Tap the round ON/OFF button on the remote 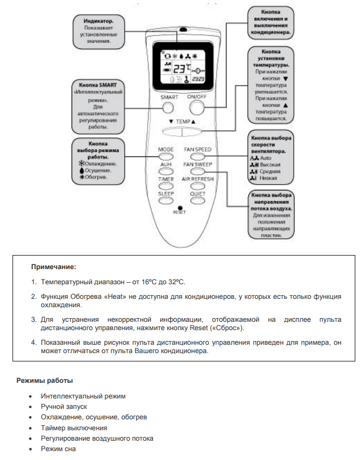click(197, 107)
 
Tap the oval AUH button click(166, 171)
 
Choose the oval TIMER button click(166, 186)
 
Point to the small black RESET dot click(180, 207)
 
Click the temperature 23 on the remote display click(179, 68)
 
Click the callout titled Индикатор click(99, 30)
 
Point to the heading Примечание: click(54, 267)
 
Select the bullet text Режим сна click(58, 449)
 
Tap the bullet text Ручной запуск click(64, 407)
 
